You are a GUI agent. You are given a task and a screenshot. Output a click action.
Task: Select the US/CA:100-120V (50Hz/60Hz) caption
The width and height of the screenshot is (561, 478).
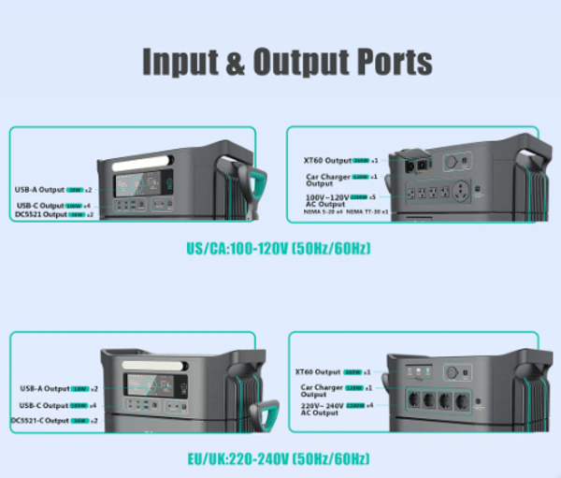click(279, 251)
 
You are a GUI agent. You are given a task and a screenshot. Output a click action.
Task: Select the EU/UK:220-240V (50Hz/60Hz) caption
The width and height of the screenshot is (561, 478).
click(279, 458)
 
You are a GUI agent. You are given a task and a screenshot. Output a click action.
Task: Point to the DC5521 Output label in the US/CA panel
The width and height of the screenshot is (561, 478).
click(42, 214)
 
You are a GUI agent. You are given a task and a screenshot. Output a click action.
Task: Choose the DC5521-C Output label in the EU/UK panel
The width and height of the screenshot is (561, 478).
click(40, 420)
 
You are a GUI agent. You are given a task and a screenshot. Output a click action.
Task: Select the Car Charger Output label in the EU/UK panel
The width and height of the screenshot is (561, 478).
click(319, 390)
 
